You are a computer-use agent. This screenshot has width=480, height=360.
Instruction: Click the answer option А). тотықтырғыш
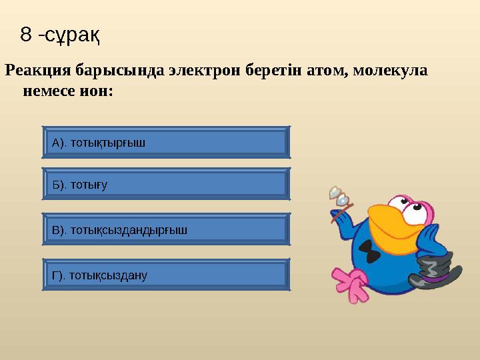coord(166,142)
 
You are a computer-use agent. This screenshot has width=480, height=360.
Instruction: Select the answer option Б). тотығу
coord(166,184)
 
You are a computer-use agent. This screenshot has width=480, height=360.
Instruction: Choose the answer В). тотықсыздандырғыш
coord(166,229)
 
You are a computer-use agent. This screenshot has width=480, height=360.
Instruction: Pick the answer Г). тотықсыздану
coord(166,275)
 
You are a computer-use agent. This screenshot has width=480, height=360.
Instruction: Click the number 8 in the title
coord(26,35)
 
